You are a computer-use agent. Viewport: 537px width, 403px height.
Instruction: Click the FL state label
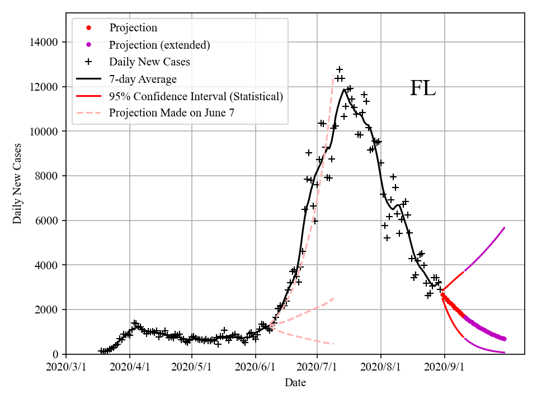pos(423,88)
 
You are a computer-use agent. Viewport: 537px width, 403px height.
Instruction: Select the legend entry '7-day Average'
pos(143,79)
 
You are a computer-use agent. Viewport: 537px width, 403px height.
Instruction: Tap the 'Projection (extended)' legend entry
pos(159,45)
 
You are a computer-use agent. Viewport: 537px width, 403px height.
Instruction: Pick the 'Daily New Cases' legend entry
pos(149,62)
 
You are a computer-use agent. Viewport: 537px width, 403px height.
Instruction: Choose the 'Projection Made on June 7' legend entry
pos(171,113)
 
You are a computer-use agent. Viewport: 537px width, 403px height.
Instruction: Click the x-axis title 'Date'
pos(295,383)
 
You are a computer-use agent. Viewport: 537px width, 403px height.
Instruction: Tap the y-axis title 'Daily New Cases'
pos(17,184)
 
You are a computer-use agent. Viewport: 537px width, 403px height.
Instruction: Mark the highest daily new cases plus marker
pos(340,69)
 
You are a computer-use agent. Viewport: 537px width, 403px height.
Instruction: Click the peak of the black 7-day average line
pos(344,90)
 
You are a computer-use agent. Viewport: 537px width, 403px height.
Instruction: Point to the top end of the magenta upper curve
pos(505,227)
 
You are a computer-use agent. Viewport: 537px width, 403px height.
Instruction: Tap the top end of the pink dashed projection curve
pos(333,76)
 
